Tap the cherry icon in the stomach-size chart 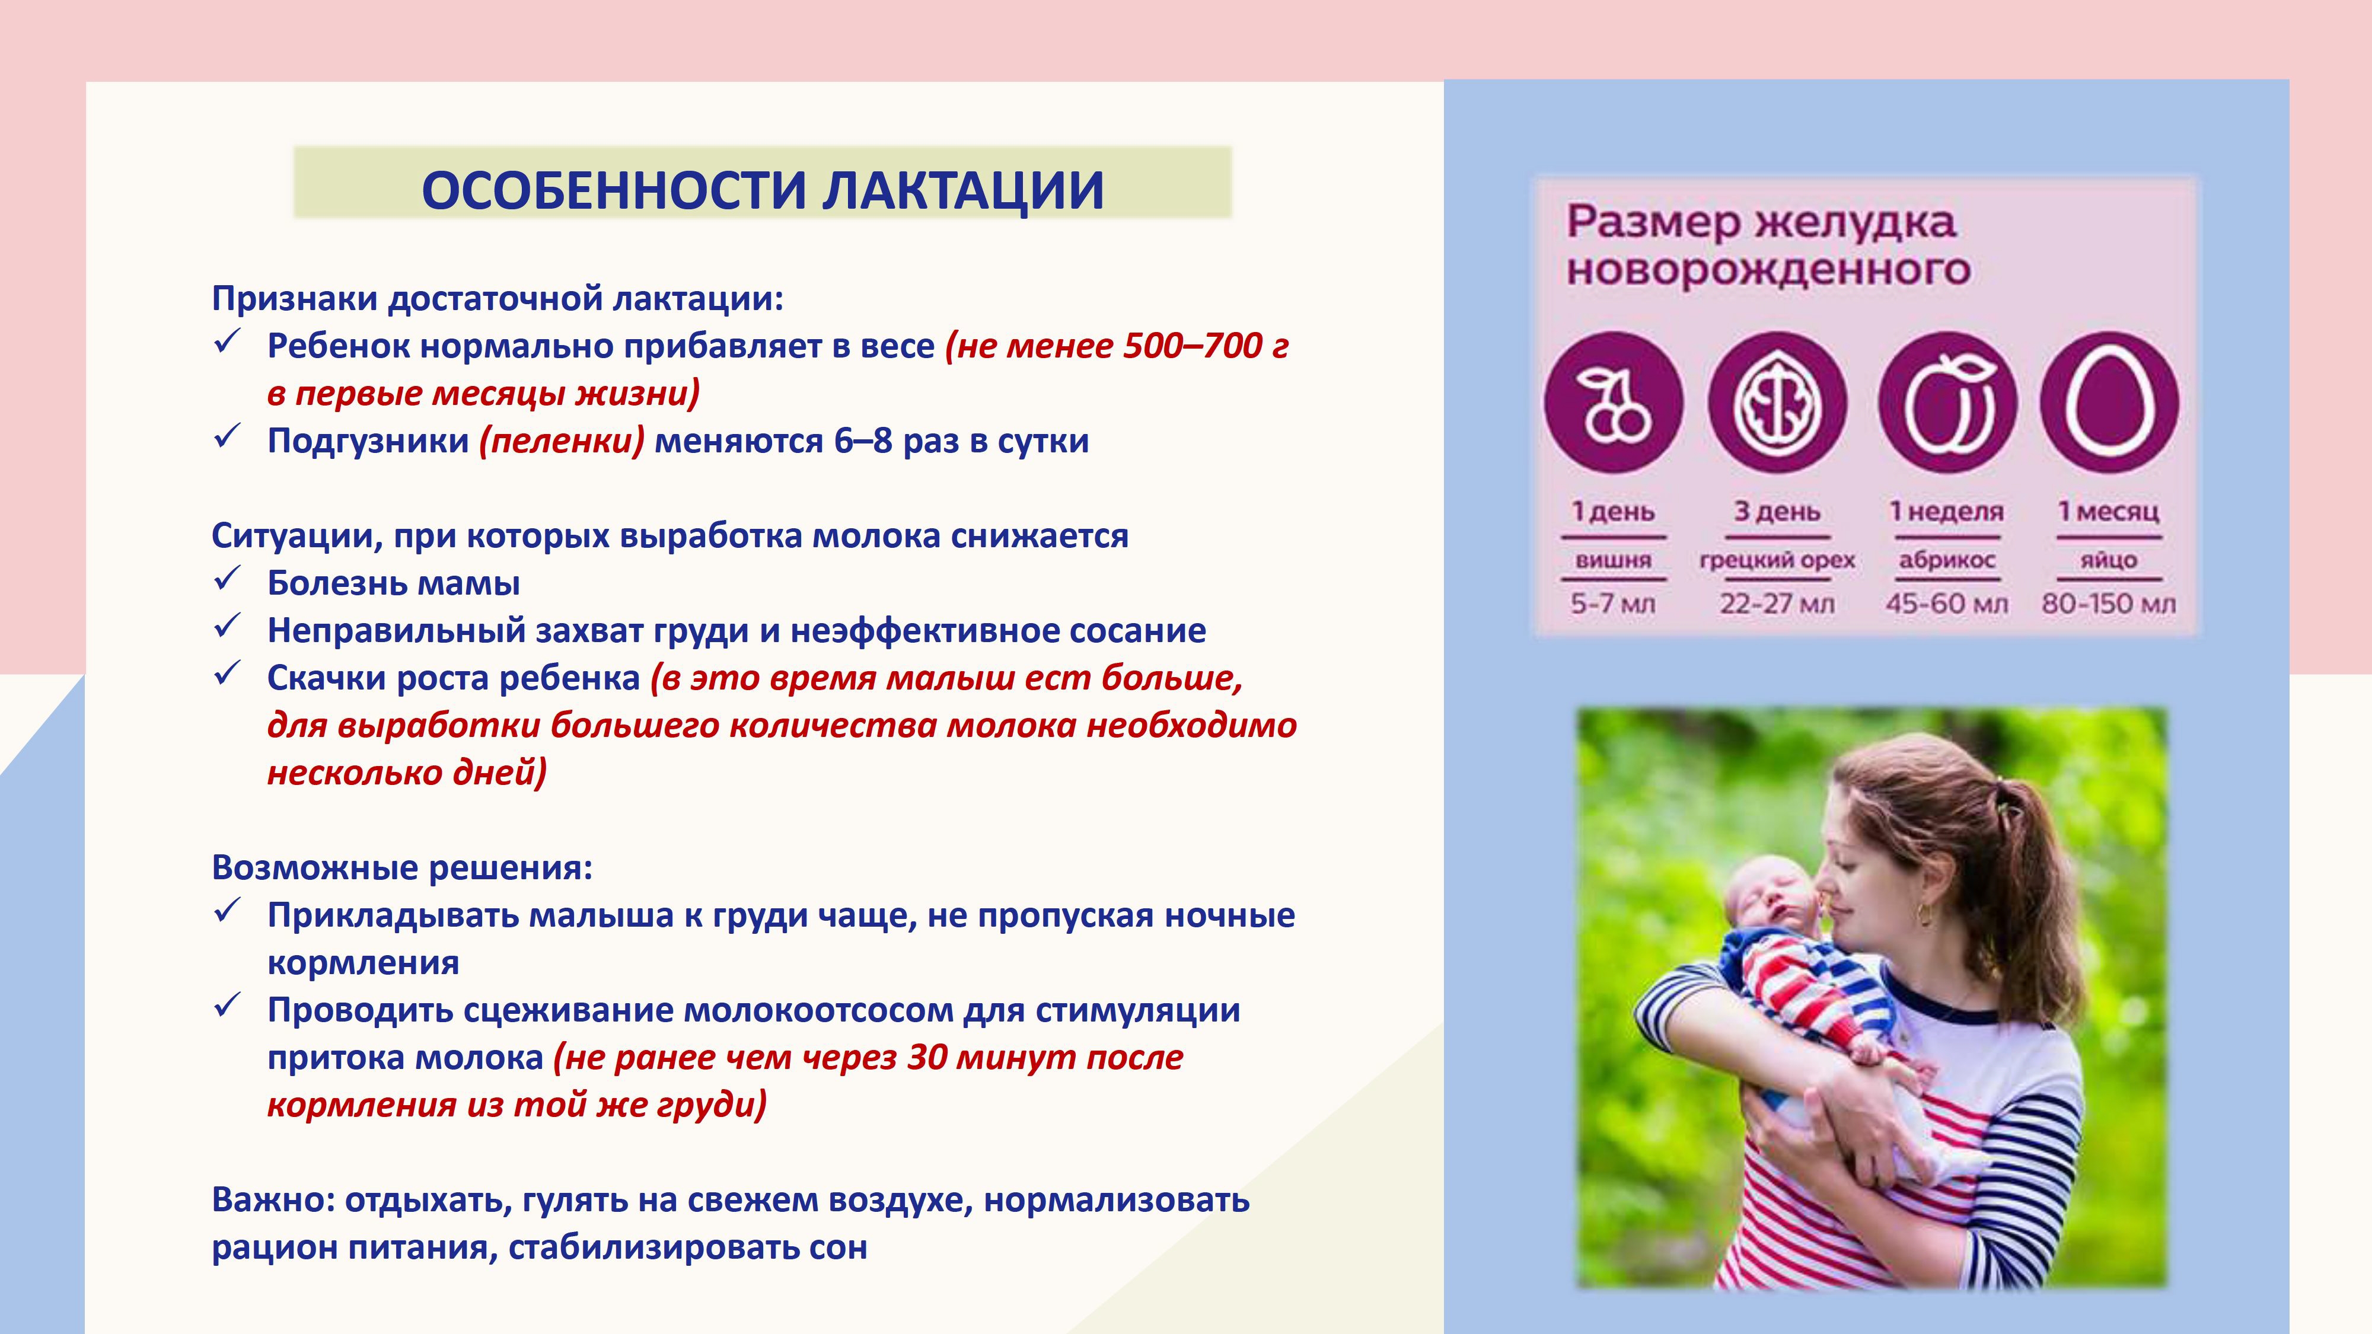(1614, 403)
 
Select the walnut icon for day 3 (1777, 403)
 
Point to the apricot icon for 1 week (1947, 403)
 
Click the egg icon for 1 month (2109, 403)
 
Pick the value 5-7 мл (1613, 604)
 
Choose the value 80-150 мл (2109, 604)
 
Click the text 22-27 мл (1777, 604)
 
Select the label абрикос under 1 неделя (1947, 560)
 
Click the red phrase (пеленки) (562, 441)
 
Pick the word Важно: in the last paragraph (273, 1199)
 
